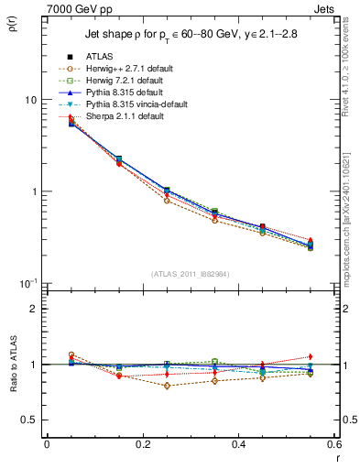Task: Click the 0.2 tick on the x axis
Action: [x=142, y=444]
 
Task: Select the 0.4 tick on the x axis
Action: [x=238, y=444]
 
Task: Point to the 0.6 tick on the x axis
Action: [x=333, y=444]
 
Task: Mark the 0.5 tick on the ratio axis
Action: [x=28, y=420]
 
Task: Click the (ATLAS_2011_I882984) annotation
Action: [x=191, y=273]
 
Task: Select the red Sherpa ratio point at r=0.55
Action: [x=311, y=356]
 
